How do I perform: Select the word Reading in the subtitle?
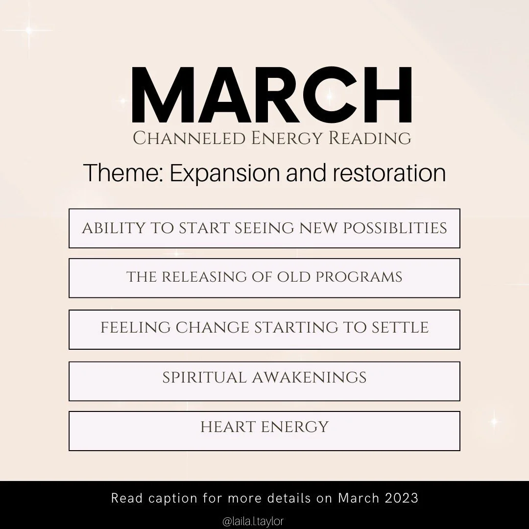(370, 139)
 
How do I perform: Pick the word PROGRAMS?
(359, 277)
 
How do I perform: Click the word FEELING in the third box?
(135, 328)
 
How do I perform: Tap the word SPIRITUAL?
(204, 378)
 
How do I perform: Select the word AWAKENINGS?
(309, 378)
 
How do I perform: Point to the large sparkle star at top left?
(29, 30)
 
